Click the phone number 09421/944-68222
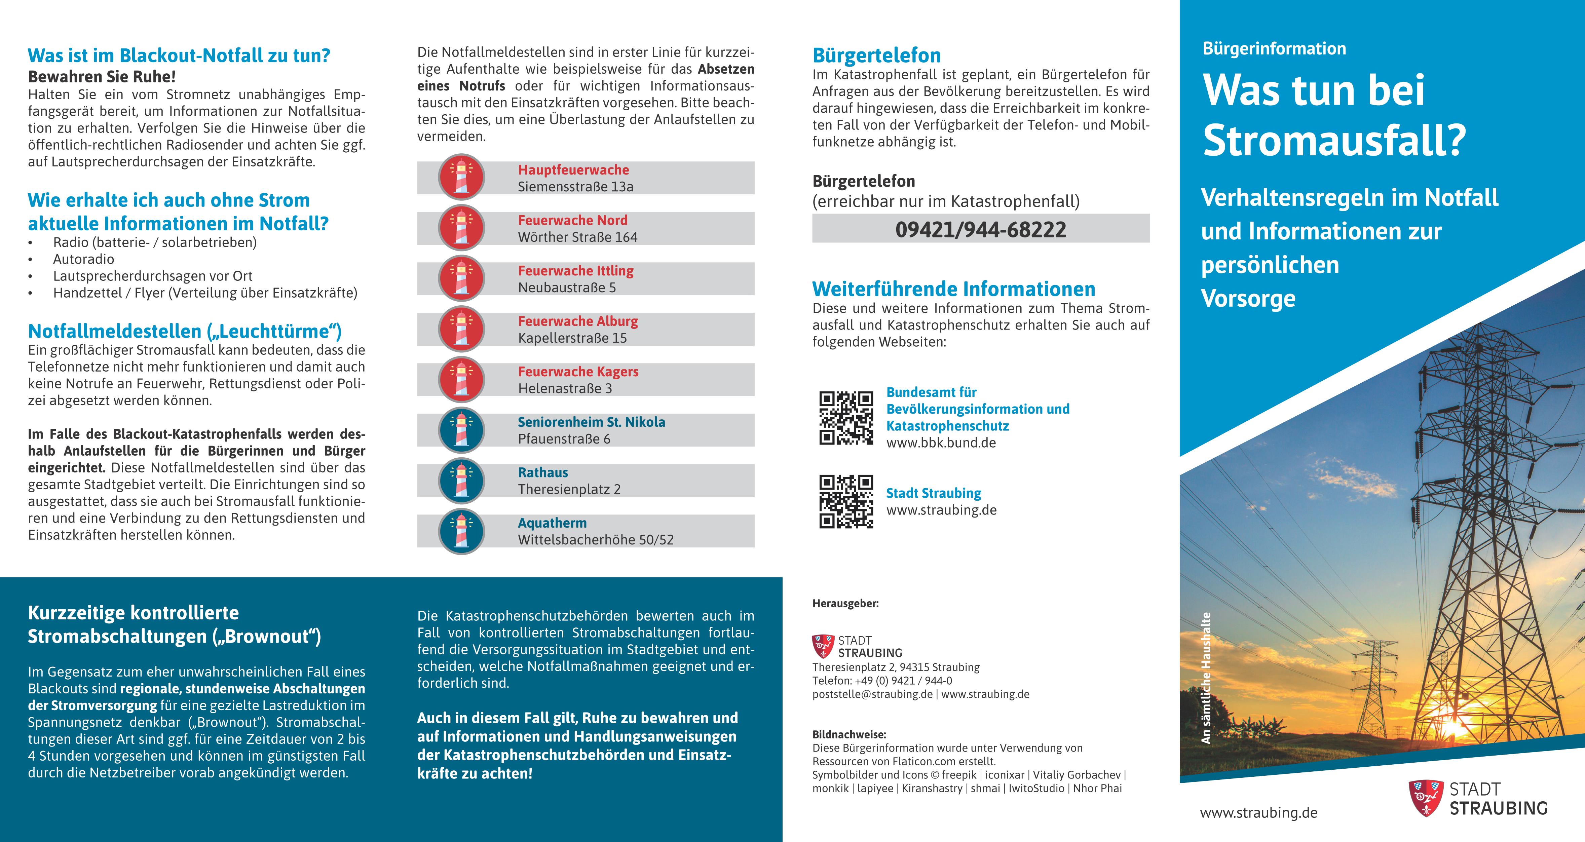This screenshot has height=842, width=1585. tap(981, 229)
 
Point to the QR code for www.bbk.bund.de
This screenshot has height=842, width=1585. tap(846, 418)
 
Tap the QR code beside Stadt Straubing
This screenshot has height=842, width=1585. tap(846, 501)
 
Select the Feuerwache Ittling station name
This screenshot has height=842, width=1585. tap(575, 271)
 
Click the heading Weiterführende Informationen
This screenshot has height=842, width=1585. tap(954, 289)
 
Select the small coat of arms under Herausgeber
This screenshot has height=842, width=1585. tap(823, 646)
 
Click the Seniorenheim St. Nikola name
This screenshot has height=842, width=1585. tap(591, 422)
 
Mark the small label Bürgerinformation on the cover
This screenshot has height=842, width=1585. tap(1274, 49)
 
